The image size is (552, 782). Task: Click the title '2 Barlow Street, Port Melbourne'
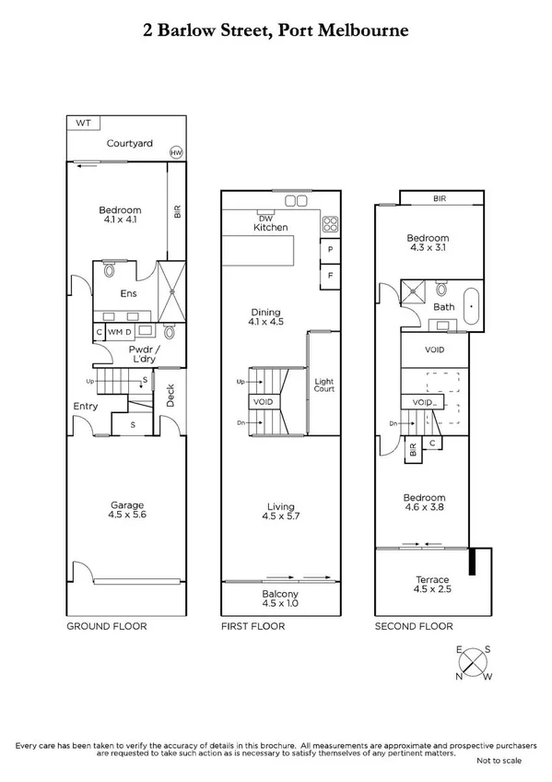[x=276, y=30]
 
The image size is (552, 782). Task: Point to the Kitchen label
[x=271, y=227]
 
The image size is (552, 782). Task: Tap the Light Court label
[x=323, y=385]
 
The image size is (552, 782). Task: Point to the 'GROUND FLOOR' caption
[x=106, y=626]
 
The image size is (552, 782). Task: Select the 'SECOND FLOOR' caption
[x=414, y=626]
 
